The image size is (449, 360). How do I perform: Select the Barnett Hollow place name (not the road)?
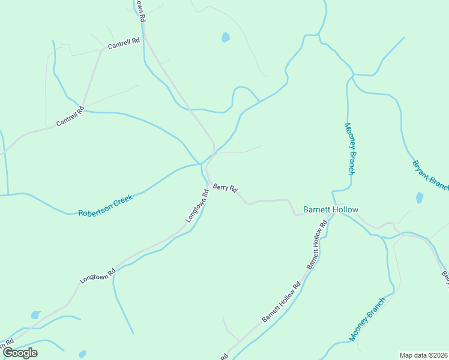330,210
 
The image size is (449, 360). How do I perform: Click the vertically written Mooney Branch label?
349,148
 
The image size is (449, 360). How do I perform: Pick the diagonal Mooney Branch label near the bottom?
368,317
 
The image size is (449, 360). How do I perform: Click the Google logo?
20,353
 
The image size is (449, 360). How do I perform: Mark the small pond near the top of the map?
226,37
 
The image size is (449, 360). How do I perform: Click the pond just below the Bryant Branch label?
420,197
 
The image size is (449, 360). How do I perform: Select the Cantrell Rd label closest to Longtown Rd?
124,43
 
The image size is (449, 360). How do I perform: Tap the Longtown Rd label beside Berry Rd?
196,206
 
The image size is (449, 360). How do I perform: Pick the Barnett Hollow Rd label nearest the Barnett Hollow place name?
317,244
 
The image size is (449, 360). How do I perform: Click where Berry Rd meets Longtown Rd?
208,182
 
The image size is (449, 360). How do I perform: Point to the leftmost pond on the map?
35,315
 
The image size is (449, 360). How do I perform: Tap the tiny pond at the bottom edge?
82,354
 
